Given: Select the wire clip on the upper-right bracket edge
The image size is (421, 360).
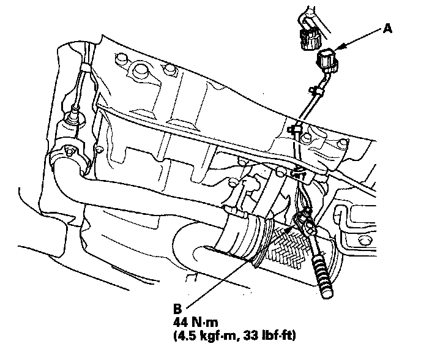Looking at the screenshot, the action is click(x=295, y=129).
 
